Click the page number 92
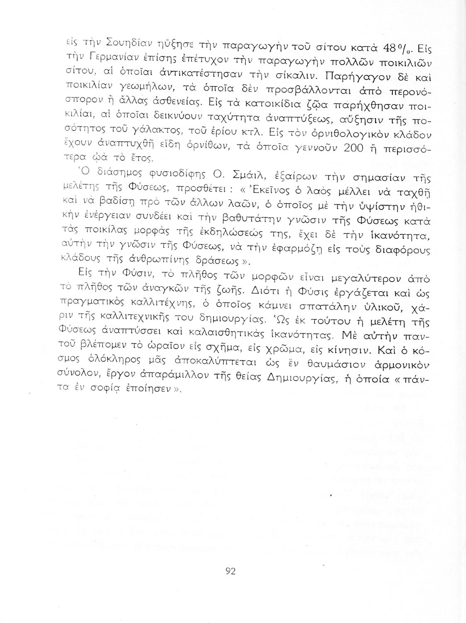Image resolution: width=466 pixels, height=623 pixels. [231, 571]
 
